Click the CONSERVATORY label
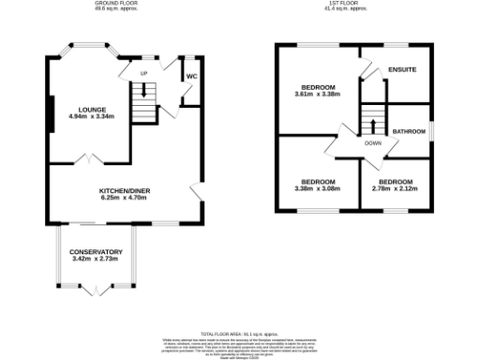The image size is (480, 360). tap(96, 251)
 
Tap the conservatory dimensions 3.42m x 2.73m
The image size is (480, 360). tap(96, 259)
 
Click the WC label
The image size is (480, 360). tap(190, 76)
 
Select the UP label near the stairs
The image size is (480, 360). tap(144, 73)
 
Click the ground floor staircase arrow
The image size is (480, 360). tap(143, 92)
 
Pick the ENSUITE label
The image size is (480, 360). tap(401, 70)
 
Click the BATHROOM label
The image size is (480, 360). tap(410, 131)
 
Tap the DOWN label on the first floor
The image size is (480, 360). tap(372, 143)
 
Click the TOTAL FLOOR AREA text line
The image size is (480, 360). tap(240, 333)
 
